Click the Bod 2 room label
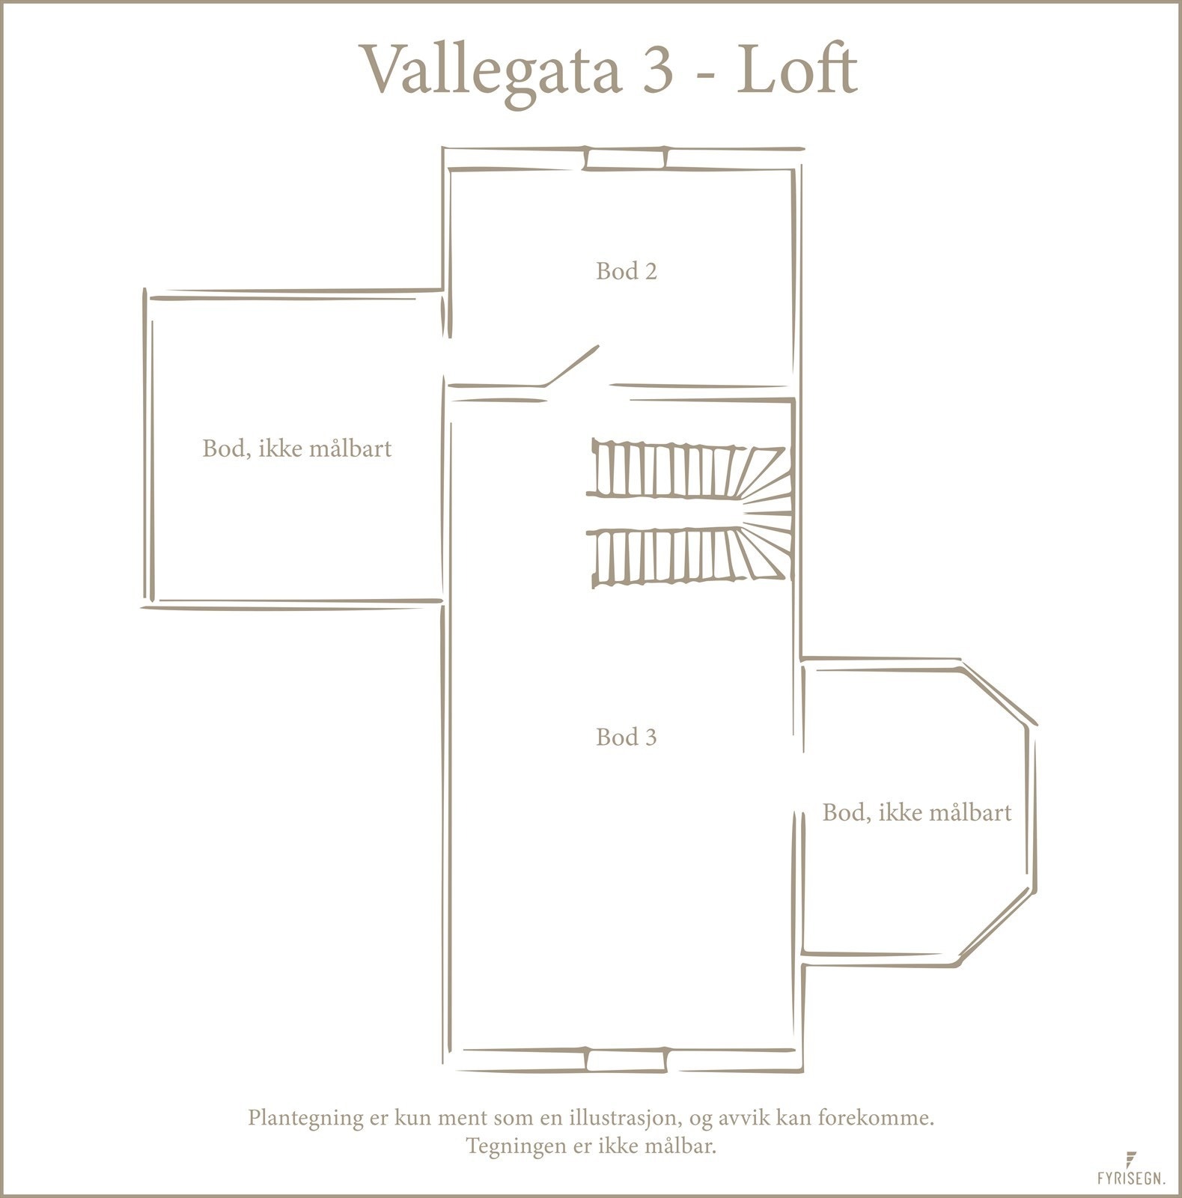[x=627, y=271]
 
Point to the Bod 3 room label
[x=627, y=738]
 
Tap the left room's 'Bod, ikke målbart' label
[x=297, y=449]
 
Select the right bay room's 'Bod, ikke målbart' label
[x=917, y=812]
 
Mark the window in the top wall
[x=626, y=159]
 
